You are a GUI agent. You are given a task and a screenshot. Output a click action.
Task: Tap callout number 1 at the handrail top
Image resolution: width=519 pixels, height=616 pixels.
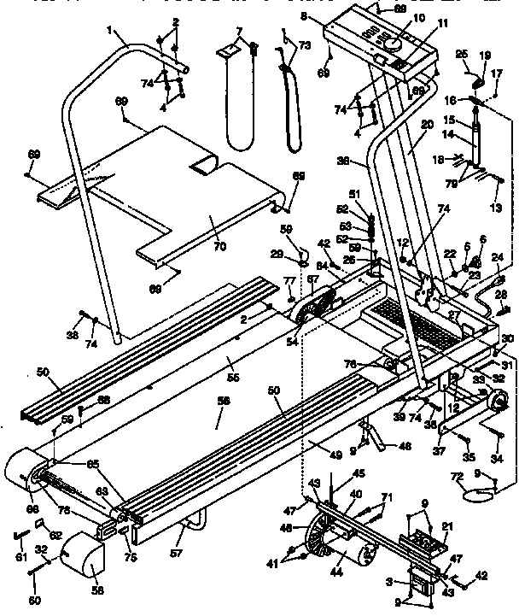tap(110, 32)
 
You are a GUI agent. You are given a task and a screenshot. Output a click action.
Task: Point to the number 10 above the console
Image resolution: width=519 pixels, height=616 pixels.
tap(394, 18)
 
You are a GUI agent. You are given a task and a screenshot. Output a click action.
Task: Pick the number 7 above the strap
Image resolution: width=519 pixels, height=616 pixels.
tap(239, 32)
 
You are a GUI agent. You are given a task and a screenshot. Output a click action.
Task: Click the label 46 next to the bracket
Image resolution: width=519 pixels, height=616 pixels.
tap(406, 445)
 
